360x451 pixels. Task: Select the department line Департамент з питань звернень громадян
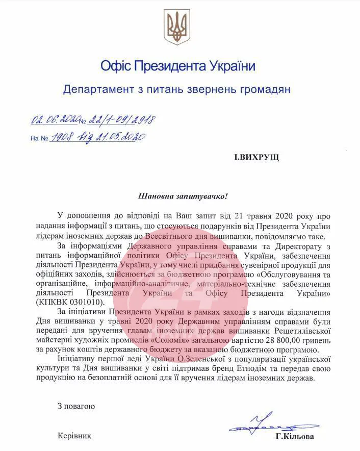tap(176, 90)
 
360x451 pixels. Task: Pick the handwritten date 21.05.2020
tap(122, 137)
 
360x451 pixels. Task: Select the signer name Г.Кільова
tap(295, 437)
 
